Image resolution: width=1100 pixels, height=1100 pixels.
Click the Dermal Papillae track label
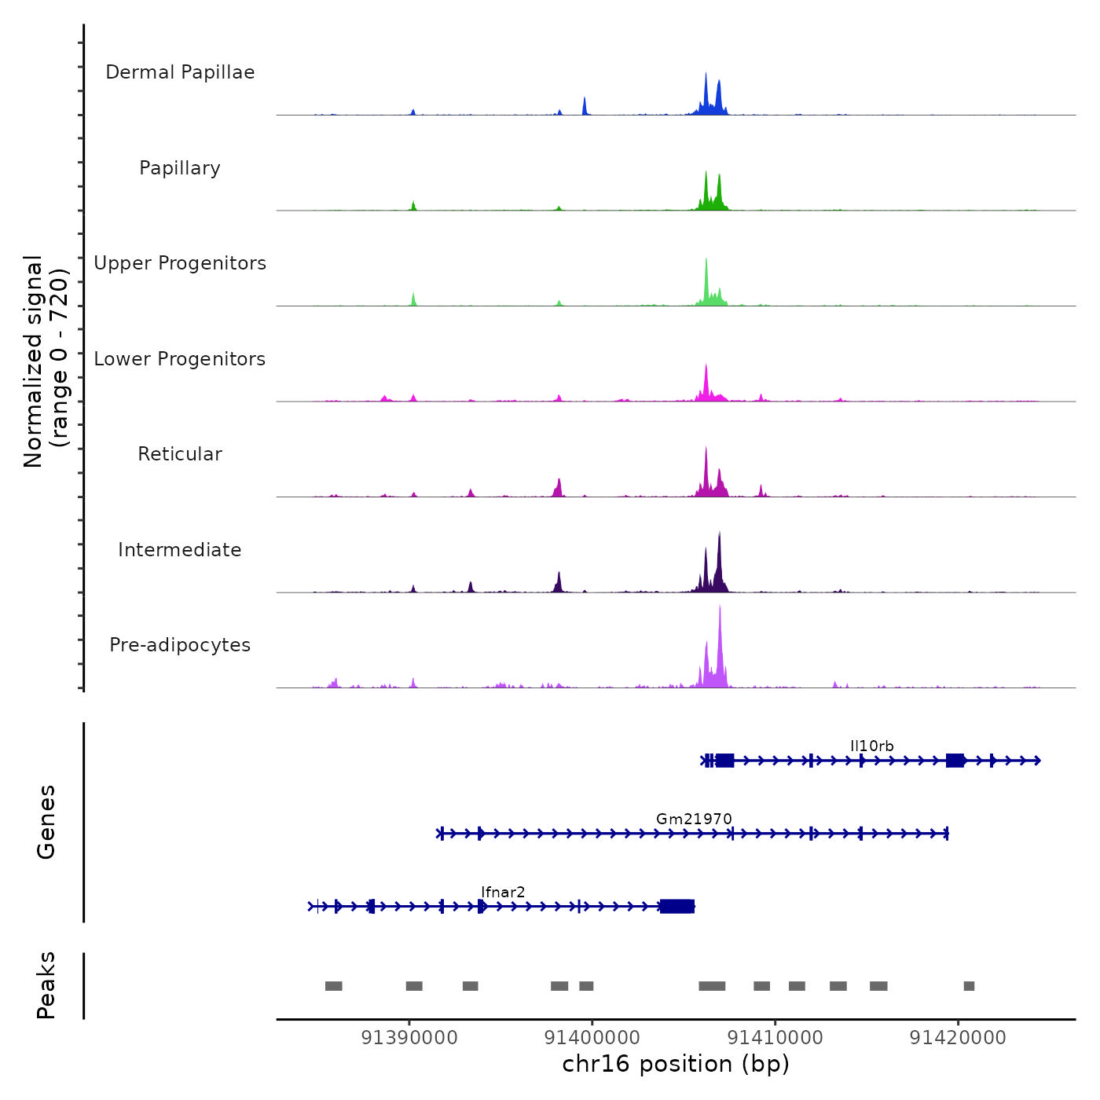click(x=180, y=72)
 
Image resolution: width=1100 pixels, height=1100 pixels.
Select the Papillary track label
click(x=180, y=168)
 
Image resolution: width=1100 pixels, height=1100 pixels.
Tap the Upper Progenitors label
click(x=180, y=263)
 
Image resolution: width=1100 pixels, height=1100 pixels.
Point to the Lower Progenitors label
click(x=180, y=359)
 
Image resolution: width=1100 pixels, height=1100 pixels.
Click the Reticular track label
click(x=180, y=454)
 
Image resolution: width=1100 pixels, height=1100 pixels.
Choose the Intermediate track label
click(x=180, y=550)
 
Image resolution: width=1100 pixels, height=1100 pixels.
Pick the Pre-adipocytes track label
click(x=180, y=645)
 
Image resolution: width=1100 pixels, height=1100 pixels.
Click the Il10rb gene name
click(x=871, y=746)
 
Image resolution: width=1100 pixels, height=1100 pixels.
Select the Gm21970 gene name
click(x=694, y=819)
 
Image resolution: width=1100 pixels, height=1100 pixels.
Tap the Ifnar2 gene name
click(x=503, y=893)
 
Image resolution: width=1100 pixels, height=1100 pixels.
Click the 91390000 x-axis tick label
click(x=409, y=1038)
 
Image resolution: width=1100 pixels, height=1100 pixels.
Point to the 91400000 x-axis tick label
click(x=592, y=1038)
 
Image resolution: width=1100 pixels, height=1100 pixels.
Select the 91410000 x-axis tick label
click(x=775, y=1038)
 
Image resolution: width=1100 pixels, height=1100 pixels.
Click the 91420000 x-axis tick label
click(x=958, y=1038)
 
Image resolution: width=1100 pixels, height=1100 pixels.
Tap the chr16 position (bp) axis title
click(x=676, y=1064)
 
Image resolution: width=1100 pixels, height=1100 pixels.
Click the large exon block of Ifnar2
click(x=676, y=907)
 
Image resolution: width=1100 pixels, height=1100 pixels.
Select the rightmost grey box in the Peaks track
click(x=969, y=986)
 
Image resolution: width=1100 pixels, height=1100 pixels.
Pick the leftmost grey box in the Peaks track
click(x=334, y=986)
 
